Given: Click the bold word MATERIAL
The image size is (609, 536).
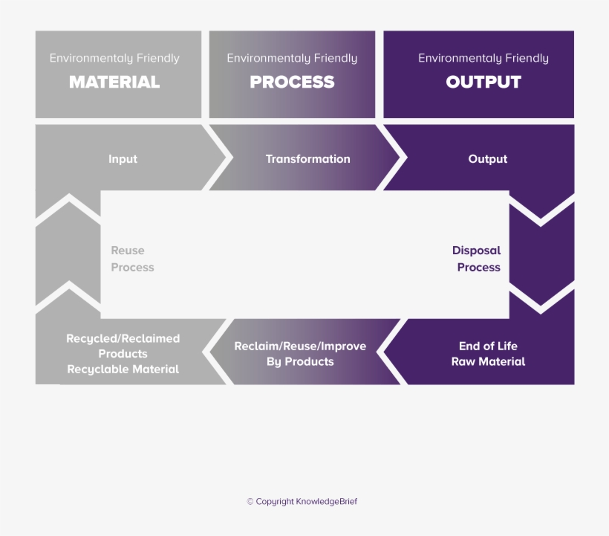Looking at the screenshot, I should point(114,82).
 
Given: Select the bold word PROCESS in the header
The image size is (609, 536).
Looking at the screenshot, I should point(292,82).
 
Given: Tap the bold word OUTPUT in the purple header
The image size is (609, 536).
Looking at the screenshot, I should point(483,82).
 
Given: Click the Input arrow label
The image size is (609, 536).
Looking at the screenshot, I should point(123,159).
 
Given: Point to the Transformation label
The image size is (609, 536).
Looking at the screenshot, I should point(307,159).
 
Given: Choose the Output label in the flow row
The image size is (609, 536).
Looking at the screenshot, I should point(488,159).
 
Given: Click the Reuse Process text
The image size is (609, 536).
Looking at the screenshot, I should point(132,259).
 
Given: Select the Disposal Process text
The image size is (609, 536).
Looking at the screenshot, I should point(477,259).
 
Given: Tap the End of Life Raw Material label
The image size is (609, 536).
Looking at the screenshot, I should point(488,354).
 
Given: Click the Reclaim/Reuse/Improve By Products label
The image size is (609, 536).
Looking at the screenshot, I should point(300,354).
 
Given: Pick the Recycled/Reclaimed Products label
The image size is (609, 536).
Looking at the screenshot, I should point(123,346).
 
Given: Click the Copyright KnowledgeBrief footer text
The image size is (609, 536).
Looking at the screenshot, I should point(302,502).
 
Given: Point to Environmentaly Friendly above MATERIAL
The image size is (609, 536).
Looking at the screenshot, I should point(114,58).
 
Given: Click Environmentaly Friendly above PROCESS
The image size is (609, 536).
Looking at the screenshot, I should point(292,58).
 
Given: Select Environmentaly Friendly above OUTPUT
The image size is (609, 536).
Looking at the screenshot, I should point(483,58).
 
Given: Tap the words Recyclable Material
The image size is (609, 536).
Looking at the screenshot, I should point(123,369).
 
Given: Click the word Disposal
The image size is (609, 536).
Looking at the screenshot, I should point(476,251).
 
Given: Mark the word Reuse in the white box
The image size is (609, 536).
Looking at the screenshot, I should point(128,251).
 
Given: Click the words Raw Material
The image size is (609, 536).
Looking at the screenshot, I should point(488,362).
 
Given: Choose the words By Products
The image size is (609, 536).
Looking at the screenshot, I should point(300,362).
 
